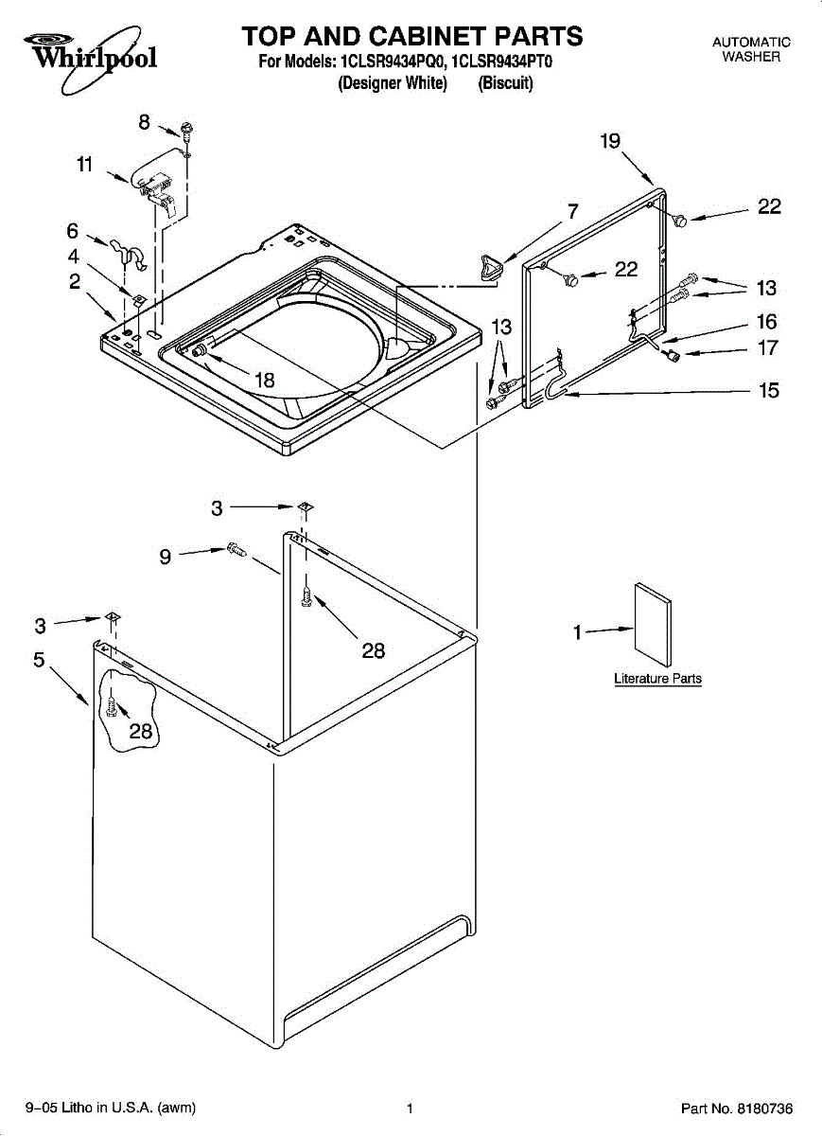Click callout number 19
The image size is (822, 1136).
610,141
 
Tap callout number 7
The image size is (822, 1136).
572,211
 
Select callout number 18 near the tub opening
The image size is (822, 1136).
264,380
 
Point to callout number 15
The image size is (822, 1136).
768,390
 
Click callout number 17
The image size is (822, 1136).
768,348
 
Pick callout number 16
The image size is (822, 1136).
767,322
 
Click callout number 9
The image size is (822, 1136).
166,558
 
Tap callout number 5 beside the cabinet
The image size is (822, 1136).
39,660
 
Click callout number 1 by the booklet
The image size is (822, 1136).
577,633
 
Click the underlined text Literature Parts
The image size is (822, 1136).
657,678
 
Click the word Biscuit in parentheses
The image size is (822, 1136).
505,83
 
